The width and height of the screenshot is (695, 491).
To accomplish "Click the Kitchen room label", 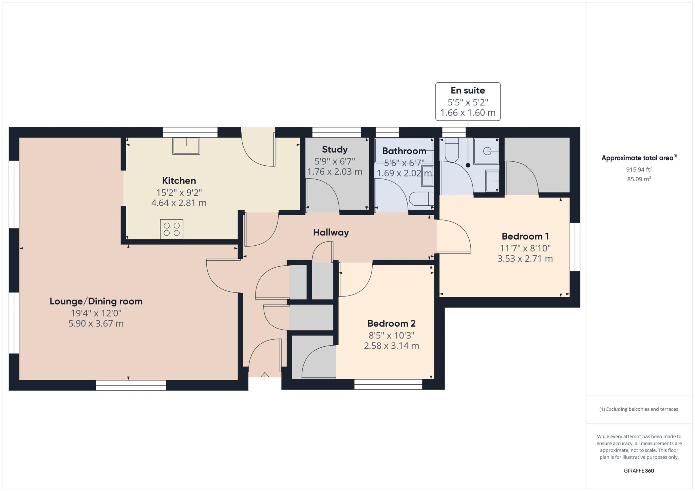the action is click(x=179, y=181).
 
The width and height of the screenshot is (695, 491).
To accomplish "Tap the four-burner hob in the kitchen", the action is click(x=172, y=229).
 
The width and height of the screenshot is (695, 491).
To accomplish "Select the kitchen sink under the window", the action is click(x=186, y=146).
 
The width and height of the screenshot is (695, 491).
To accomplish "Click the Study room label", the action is click(x=335, y=149).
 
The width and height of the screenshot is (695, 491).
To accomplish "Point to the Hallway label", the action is click(x=331, y=232).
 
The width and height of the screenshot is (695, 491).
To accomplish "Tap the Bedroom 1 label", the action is click(x=525, y=236).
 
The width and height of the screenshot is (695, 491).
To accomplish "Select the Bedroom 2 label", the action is click(x=391, y=323).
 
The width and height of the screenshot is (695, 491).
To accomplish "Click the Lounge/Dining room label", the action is click(x=96, y=301).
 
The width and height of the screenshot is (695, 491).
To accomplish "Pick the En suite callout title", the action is click(x=468, y=90).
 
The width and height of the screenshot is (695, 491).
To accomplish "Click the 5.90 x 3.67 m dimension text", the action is click(x=96, y=324).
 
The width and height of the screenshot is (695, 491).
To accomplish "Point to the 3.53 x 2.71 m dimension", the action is click(x=525, y=259).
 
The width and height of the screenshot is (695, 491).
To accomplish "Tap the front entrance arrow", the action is click(x=265, y=376).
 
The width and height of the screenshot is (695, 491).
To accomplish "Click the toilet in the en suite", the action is click(x=452, y=150).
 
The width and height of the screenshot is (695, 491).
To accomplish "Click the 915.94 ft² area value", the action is click(x=639, y=169).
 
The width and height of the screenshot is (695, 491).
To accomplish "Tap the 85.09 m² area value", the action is click(x=639, y=179).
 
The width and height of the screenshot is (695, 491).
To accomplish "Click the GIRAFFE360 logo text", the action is click(x=639, y=471).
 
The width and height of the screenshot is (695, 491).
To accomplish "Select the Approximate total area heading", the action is click(x=639, y=158).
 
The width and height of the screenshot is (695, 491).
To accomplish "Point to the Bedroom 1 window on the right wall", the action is click(x=575, y=247).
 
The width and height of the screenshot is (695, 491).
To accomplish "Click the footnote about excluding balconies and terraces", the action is click(x=639, y=409).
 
